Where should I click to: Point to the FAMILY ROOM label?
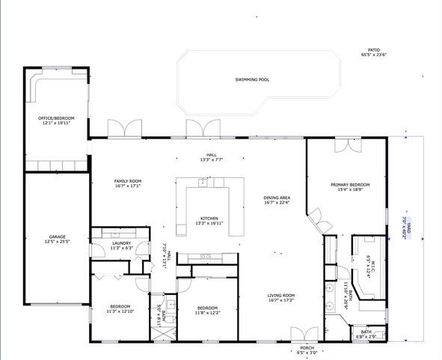pos(127,181)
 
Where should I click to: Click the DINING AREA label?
pos(277,198)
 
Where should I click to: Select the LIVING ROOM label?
pos(281,295)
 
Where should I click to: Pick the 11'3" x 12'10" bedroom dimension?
pos(120,311)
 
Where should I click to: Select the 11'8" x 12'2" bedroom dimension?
pos(207,313)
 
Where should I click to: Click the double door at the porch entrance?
pos(302,334)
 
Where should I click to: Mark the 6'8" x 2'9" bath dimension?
pos(366,336)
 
